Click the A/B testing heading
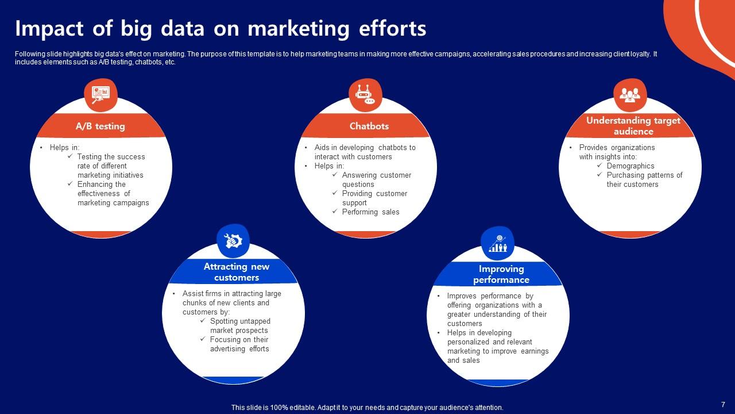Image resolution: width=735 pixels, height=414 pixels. pyautogui.click(x=100, y=126)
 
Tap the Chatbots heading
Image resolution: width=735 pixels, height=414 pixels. pyautogui.click(x=369, y=126)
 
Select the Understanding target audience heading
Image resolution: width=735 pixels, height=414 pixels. pyautogui.click(x=633, y=126)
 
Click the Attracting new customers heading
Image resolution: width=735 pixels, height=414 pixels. pyautogui.click(x=237, y=272)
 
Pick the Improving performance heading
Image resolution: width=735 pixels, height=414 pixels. pyautogui.click(x=501, y=274)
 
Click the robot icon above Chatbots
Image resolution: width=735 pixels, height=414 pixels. pyautogui.click(x=365, y=94)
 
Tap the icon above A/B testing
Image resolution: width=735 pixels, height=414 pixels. pyautogui.click(x=100, y=94)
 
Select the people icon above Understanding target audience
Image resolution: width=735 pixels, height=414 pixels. pyautogui.click(x=630, y=94)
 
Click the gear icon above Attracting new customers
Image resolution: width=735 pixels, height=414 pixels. pyautogui.click(x=233, y=241)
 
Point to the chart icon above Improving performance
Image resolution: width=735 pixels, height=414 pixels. pyautogui.click(x=497, y=243)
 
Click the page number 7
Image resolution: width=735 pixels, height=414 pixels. pyautogui.click(x=723, y=404)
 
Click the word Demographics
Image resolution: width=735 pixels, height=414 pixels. pyautogui.click(x=630, y=166)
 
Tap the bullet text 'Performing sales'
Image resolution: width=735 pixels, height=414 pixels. pyautogui.click(x=370, y=212)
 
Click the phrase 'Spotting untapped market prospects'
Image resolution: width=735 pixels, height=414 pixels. pyautogui.click(x=239, y=326)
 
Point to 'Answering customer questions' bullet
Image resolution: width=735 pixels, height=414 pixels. pyautogui.click(x=376, y=180)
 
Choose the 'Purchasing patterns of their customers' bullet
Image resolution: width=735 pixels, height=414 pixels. pyautogui.click(x=644, y=180)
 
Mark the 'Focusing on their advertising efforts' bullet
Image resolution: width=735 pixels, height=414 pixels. pyautogui.click(x=239, y=344)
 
